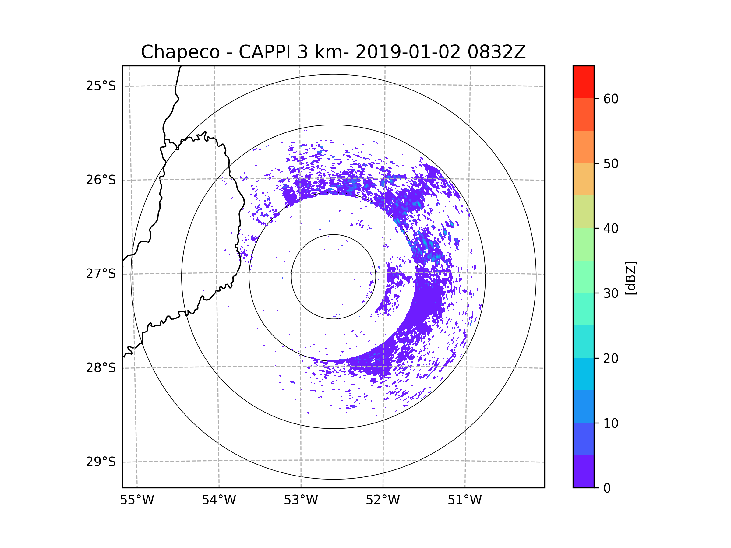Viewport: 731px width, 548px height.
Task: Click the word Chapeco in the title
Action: pos(180,52)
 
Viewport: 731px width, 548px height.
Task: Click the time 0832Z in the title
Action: pos(496,52)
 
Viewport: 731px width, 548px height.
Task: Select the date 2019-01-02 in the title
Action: pos(408,52)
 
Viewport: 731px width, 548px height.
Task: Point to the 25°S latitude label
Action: pos(101,86)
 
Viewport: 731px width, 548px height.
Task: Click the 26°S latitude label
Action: pos(101,180)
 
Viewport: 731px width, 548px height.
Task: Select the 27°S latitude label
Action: pos(101,274)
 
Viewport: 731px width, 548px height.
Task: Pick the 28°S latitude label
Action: pos(101,368)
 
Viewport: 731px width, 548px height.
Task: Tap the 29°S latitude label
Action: pos(101,462)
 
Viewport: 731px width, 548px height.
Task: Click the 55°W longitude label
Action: pos(137,500)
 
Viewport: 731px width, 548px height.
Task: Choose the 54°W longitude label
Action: pos(219,500)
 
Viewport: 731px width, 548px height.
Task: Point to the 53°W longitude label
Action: pos(301,500)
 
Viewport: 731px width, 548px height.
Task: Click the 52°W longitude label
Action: pos(383,500)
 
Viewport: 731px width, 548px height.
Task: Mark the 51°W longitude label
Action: pos(464,500)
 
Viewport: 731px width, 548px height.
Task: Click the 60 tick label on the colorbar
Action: pos(611,99)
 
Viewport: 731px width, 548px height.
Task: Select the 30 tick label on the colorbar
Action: pos(611,293)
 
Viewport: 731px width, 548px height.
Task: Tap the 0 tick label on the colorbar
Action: pos(607,488)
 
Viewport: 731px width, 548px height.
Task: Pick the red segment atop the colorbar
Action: pos(583,82)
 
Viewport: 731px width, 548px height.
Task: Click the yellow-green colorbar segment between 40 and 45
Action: pos(583,212)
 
